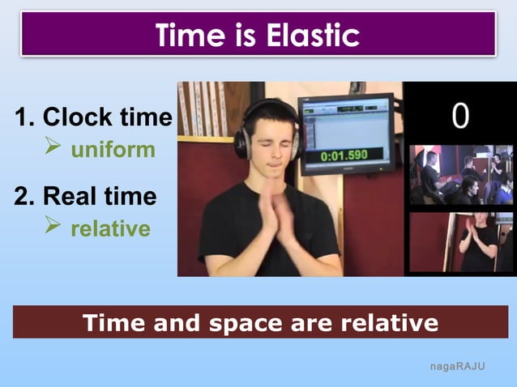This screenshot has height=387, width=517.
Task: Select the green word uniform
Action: pyautogui.click(x=113, y=150)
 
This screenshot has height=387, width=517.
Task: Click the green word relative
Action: pyautogui.click(x=110, y=229)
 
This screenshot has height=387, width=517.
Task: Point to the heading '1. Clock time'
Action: pyautogui.click(x=93, y=118)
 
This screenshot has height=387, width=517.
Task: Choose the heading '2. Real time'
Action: pyautogui.click(x=85, y=196)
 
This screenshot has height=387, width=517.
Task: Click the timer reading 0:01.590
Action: pyautogui.click(x=344, y=154)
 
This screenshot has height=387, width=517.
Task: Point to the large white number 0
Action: pyautogui.click(x=459, y=115)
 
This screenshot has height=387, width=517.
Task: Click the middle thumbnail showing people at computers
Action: pyautogui.click(x=459, y=175)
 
